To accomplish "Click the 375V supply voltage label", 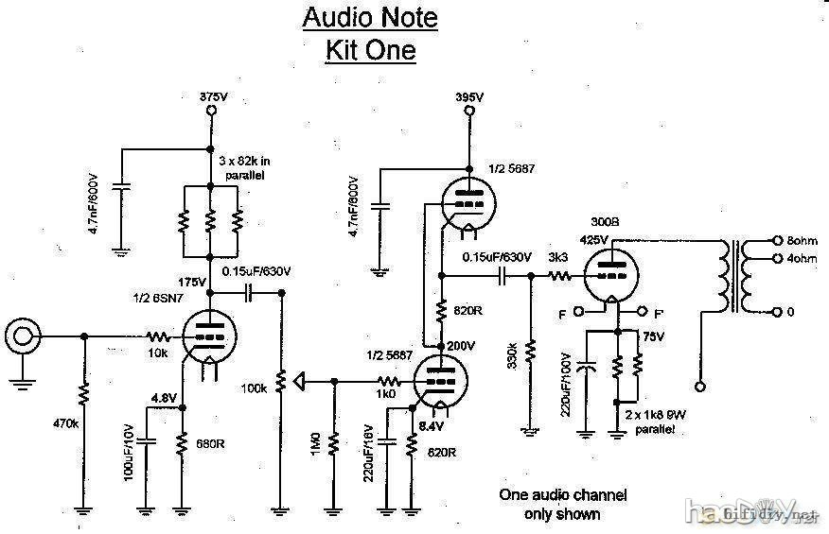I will (x=209, y=96).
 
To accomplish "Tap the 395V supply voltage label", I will (x=468, y=97).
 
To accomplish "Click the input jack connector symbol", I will (x=22, y=336).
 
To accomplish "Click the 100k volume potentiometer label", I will (x=254, y=388).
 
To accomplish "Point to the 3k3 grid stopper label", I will (x=557, y=258).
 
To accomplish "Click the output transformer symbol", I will (x=734, y=276).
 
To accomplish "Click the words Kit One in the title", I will (x=370, y=49).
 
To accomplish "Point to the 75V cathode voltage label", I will (x=653, y=336).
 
